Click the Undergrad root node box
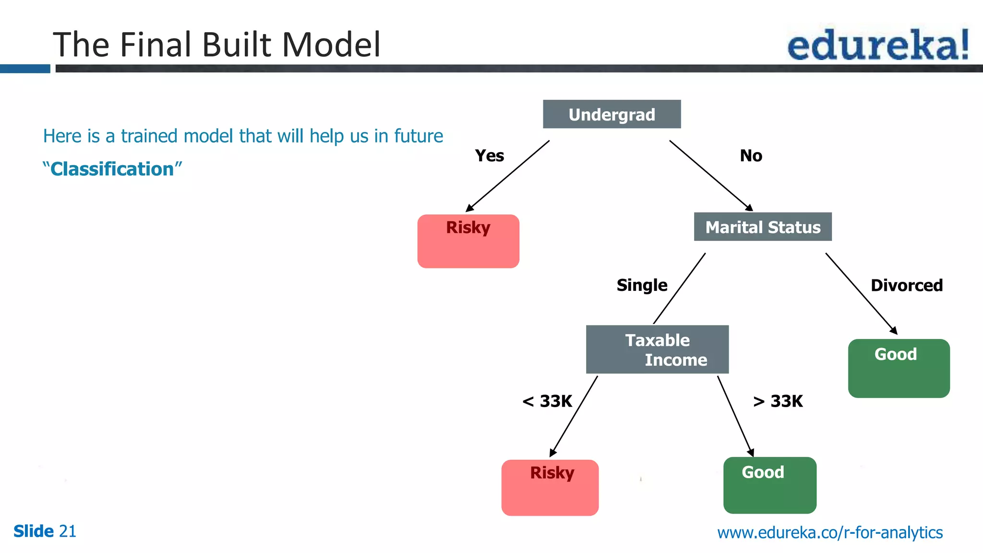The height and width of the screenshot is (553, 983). [611, 114]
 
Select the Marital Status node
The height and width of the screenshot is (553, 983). [762, 227]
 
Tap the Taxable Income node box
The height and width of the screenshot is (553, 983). [657, 349]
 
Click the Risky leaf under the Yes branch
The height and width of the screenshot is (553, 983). [468, 241]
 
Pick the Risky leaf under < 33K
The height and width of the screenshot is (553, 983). [550, 487]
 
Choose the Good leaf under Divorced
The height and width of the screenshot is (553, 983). [899, 368]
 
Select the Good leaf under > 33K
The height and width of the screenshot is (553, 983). [769, 485]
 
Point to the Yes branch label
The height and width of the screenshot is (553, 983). [489, 156]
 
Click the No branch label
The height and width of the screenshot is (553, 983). [751, 156]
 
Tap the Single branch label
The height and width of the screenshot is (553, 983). [642, 285]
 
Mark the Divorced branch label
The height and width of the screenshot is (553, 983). [906, 285]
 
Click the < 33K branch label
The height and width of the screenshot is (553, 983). [547, 401]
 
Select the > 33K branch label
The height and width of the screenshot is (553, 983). [778, 401]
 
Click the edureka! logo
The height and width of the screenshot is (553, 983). [877, 45]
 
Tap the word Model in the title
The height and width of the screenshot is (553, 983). [331, 45]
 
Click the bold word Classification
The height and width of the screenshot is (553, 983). [112, 169]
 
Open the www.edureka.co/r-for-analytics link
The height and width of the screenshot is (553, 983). [829, 532]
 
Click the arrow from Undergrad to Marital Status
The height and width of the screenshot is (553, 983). [710, 175]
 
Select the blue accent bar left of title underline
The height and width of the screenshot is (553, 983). [25, 69]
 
